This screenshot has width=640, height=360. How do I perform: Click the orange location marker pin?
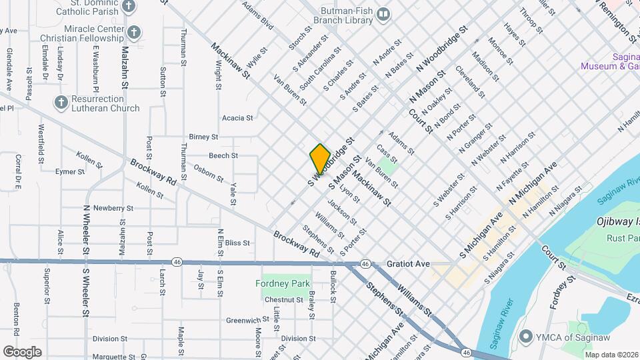[320, 159]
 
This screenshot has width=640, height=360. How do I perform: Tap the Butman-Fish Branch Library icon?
[383, 14]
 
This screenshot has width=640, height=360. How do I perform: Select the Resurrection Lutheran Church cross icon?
[61, 102]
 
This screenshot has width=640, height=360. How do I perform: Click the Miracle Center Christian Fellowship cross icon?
[134, 32]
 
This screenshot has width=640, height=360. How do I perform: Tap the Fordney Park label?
[283, 283]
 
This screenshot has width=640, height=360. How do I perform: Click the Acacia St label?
[238, 118]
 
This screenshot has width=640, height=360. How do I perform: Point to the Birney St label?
[204, 137]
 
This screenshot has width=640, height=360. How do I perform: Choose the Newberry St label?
[109, 208]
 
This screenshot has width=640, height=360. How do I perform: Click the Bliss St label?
[237, 243]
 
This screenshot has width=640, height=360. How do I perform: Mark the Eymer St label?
[70, 171]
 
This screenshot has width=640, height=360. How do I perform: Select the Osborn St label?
[209, 173]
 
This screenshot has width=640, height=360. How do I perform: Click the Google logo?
[22, 351]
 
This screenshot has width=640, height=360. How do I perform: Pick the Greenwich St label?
[242, 320]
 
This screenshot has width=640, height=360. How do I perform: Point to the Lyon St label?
[350, 194]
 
